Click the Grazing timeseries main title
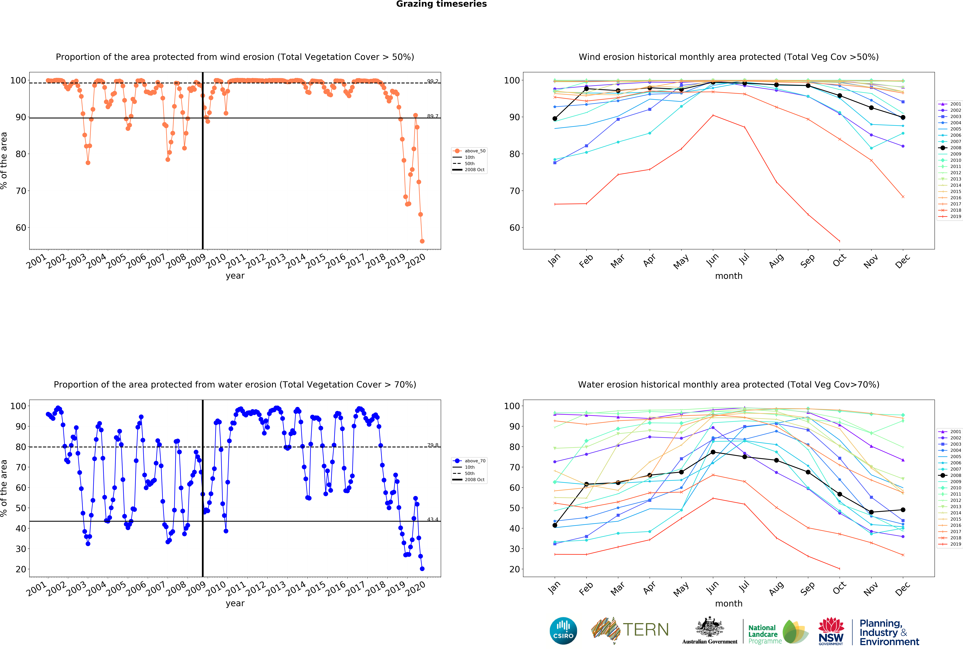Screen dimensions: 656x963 coord(441,4)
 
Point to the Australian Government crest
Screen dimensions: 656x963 coord(710,627)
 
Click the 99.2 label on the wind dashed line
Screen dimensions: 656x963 coord(433,81)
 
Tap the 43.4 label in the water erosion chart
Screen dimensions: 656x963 coord(433,519)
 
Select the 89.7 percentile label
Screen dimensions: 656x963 coord(433,116)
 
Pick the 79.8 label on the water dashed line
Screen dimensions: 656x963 coord(433,445)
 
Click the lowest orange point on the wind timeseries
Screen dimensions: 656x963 coord(422,241)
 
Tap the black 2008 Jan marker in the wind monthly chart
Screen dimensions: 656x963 coord(555,119)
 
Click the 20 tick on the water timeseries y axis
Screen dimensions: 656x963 coord(21,569)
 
